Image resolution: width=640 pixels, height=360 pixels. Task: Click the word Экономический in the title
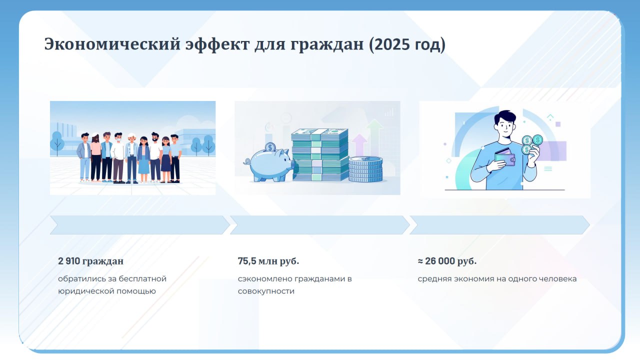pyautogui.click(x=112, y=44)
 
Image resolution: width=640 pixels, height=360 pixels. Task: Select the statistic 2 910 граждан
pyautogui.click(x=91, y=261)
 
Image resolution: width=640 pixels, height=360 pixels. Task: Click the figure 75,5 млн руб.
pyautogui.click(x=268, y=261)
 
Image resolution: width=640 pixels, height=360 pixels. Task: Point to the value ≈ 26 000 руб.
pyautogui.click(x=447, y=261)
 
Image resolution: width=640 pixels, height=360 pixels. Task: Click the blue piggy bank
pyautogui.click(x=268, y=165)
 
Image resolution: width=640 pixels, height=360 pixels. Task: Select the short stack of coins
pyautogui.click(x=365, y=169)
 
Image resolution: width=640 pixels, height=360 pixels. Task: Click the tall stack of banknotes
pyautogui.click(x=320, y=154)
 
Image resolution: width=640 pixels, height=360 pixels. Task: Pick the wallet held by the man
pyautogui.click(x=505, y=157)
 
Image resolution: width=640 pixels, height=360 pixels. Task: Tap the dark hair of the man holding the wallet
pyautogui.click(x=505, y=117)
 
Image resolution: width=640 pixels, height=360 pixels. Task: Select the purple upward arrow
pyautogui.click(x=359, y=145)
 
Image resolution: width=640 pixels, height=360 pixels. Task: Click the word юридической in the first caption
pyautogui.click(x=86, y=291)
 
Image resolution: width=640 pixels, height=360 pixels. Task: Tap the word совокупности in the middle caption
pyautogui.click(x=266, y=291)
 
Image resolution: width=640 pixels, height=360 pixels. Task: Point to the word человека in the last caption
pyautogui.click(x=557, y=279)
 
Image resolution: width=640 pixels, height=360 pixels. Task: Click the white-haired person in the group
pyautogui.click(x=131, y=157)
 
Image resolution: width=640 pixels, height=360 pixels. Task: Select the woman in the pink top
pyautogui.click(x=95, y=158)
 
